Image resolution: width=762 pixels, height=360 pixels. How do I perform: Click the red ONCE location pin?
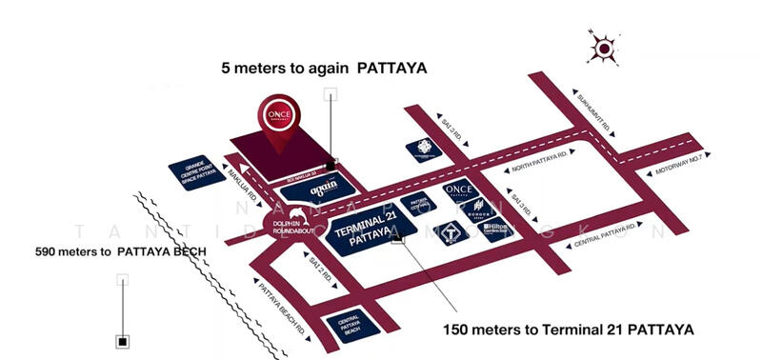click(282, 122)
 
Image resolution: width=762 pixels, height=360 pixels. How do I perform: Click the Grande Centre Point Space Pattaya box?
click(199, 174)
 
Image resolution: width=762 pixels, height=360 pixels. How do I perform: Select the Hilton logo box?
click(498, 226)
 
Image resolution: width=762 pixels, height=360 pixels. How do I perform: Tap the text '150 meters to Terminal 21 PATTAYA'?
click(569, 329)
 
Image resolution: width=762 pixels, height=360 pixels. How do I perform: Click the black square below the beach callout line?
click(123, 340)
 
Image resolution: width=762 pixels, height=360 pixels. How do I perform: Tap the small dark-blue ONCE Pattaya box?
click(459, 190)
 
